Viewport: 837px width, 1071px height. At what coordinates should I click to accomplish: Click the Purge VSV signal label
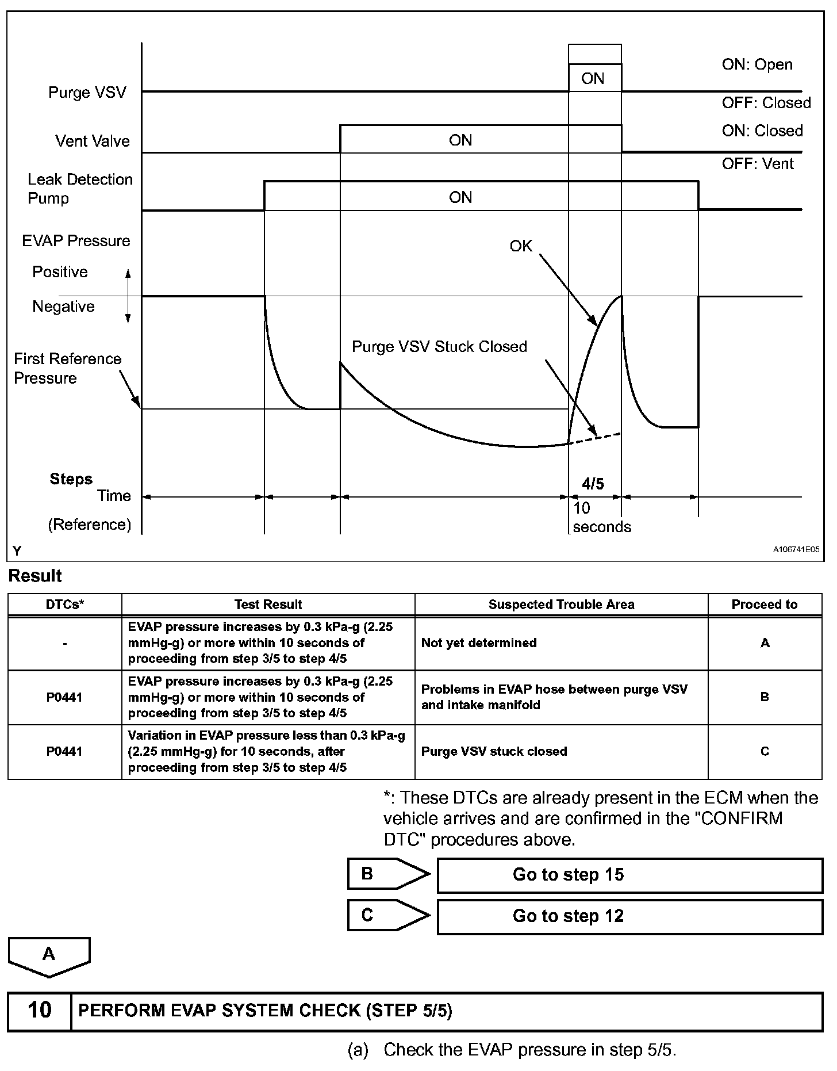[87, 93]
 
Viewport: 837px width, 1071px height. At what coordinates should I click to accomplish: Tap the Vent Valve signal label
[92, 141]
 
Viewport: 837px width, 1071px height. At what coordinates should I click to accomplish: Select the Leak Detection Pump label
[80, 189]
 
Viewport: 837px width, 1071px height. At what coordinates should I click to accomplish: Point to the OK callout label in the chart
[521, 246]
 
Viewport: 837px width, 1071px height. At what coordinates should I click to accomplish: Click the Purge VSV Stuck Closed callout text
[439, 347]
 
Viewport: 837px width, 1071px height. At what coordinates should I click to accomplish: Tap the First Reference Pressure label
[67, 368]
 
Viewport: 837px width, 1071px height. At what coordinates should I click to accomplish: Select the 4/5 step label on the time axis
[593, 484]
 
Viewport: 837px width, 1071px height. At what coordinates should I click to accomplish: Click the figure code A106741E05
[796, 550]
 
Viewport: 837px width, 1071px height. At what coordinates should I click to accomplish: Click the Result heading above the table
[35, 576]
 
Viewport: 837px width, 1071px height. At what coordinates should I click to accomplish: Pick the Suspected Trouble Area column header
[561, 605]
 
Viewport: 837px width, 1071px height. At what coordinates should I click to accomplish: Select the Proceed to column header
[764, 605]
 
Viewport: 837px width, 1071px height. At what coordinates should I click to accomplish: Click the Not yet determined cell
[479, 642]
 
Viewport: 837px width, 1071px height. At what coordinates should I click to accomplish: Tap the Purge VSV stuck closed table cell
[494, 751]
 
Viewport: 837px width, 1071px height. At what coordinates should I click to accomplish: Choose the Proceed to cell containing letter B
[765, 697]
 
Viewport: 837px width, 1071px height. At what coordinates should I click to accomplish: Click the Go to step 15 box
[629, 875]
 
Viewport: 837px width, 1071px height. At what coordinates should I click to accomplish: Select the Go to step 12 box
[629, 916]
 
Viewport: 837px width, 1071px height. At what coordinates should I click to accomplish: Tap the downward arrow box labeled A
[49, 956]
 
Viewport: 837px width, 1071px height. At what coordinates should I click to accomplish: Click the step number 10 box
[39, 1010]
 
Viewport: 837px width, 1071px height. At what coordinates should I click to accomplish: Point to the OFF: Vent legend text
[757, 164]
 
